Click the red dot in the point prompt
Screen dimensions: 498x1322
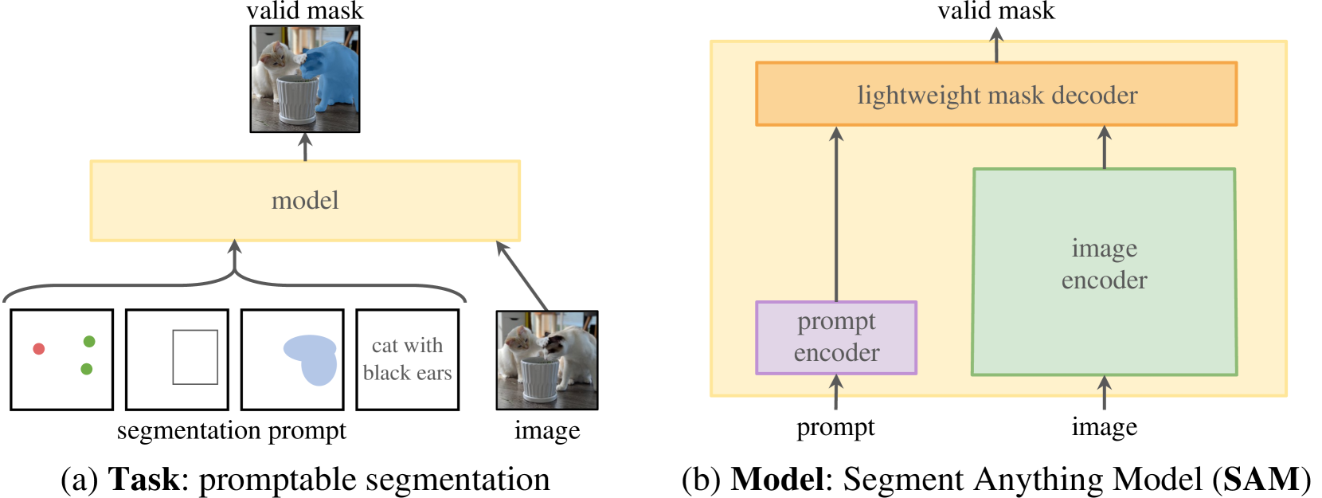coord(38,348)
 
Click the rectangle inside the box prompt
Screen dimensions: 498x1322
coord(195,357)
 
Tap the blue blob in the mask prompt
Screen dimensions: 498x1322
coord(311,358)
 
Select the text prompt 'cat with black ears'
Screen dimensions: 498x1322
coord(407,359)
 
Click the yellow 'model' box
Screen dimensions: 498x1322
coord(305,201)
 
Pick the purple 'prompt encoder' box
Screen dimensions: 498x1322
coord(836,337)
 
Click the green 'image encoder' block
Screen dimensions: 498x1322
coord(1104,271)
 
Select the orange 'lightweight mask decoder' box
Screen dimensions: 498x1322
coord(996,95)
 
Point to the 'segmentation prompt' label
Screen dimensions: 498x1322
coord(231,431)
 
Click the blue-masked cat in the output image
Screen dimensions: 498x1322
coord(334,76)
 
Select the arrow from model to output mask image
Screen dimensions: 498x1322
coord(305,147)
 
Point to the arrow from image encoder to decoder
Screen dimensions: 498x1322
coord(1104,147)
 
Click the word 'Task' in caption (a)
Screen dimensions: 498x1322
coord(143,480)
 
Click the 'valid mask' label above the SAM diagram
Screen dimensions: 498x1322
coord(996,11)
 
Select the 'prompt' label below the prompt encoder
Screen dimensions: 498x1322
coord(835,428)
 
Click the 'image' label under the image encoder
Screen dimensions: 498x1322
coord(1104,428)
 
